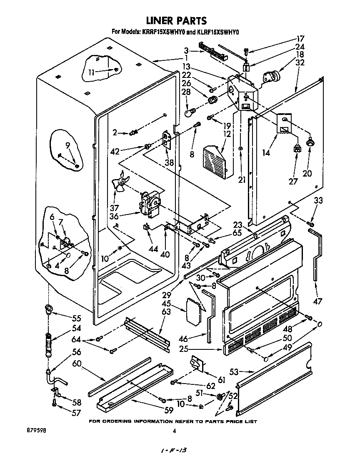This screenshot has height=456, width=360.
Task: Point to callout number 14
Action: point(266,152)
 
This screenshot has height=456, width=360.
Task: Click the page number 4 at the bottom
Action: point(175,432)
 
